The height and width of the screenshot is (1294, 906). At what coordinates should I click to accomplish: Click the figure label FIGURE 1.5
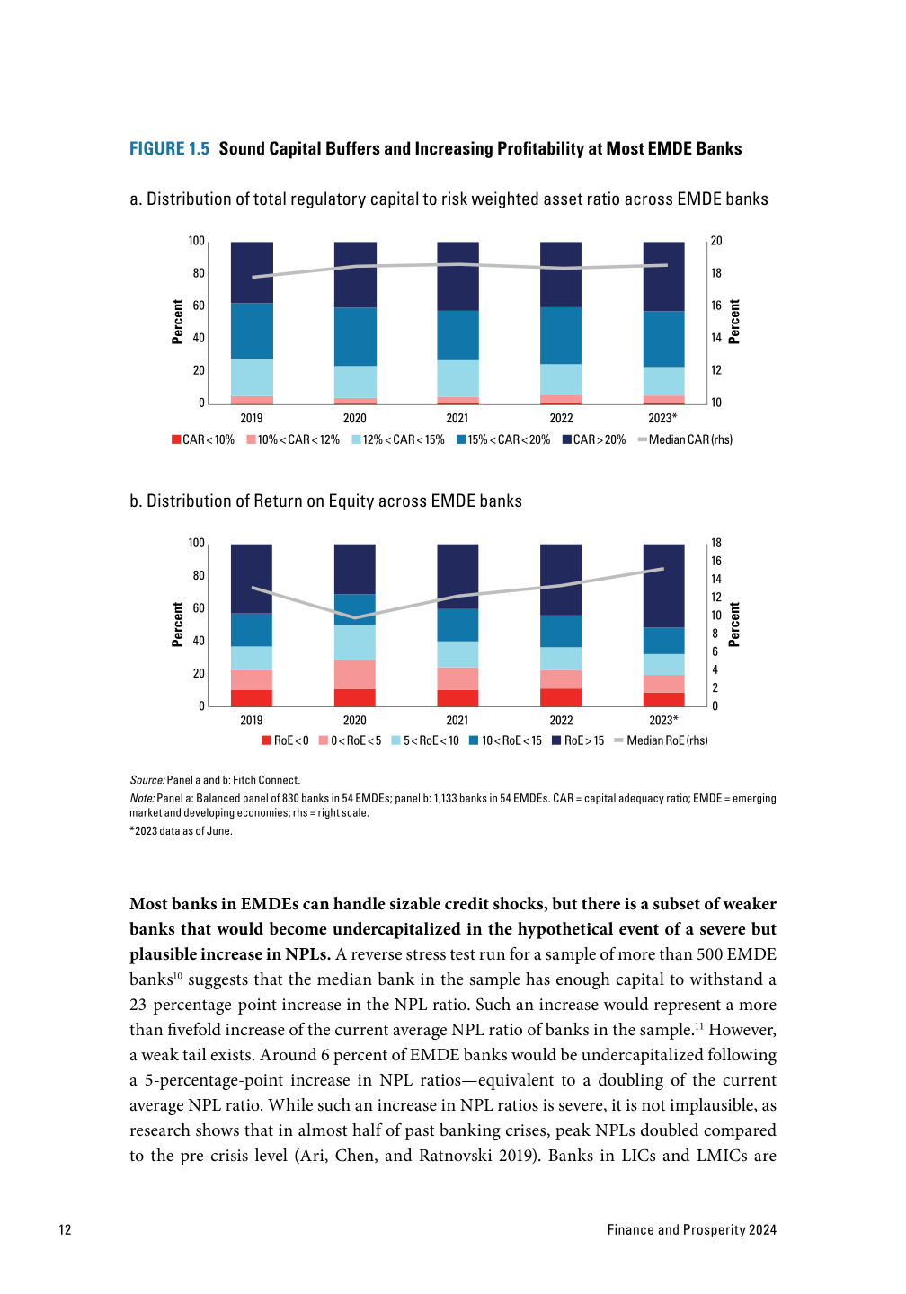pos(169,149)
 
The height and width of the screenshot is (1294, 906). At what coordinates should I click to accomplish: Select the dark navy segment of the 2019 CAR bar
pos(252,272)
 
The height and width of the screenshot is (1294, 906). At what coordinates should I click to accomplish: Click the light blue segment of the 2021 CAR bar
pos(457,378)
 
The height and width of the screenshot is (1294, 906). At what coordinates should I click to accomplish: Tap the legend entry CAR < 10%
pos(203,439)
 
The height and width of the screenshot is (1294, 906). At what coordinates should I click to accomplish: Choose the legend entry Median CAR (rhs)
pos(685,439)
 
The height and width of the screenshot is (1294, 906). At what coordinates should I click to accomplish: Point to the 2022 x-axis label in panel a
pos(561,418)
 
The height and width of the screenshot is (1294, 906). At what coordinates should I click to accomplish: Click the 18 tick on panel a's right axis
pos(716,273)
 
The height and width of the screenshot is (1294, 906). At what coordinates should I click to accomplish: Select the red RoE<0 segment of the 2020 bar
pos(355,697)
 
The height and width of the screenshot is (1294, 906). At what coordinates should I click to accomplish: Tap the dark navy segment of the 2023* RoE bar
pos(663,585)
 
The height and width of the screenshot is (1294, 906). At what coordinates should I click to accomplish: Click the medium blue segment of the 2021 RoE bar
pos(457,625)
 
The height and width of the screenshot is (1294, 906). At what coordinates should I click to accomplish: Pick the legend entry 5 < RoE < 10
pos(425,740)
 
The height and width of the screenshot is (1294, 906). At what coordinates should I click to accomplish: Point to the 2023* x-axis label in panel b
pos(663,720)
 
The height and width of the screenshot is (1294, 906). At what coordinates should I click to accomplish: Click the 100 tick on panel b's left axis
pos(197,543)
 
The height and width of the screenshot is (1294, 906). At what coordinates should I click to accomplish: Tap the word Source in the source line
pos(147,780)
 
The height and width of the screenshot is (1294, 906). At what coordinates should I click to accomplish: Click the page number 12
pos(65,1229)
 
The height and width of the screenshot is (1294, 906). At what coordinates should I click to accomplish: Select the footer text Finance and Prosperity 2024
pos(691,1229)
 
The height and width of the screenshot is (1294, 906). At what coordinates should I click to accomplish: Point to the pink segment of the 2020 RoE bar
pos(355,675)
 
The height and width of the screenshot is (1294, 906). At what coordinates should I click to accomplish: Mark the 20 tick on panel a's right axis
pos(716,241)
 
